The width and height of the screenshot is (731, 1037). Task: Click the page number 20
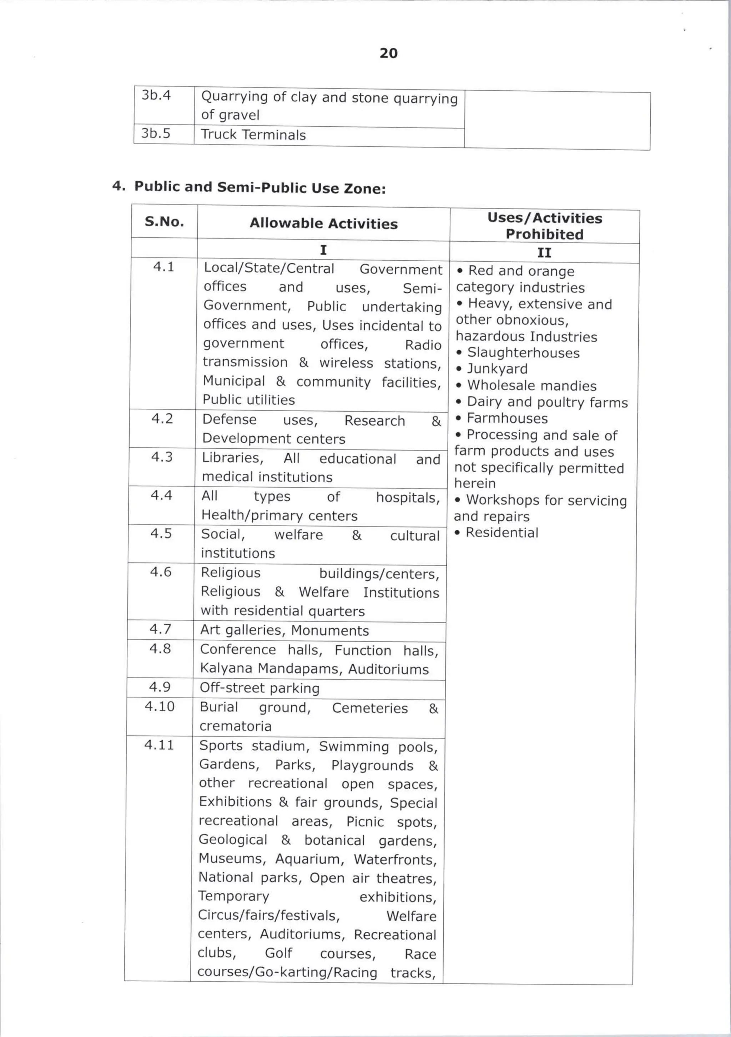pos(388,53)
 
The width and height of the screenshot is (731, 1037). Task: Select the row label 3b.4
pos(156,95)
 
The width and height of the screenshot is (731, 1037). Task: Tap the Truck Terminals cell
pos(253,135)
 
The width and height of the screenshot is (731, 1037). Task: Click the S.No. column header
pos(164,222)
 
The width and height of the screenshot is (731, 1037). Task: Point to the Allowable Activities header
pos(323,223)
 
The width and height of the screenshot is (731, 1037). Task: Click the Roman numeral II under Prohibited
pos(544,252)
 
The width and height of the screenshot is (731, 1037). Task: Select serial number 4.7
pos(160,629)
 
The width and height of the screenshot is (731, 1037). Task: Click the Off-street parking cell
pos(259,688)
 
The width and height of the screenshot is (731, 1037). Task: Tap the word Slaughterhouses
pos(523,353)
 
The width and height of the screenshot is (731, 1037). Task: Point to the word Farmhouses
pos(507,418)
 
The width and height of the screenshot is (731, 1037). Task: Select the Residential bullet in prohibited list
pos(501,533)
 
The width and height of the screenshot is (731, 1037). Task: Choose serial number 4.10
pos(160,706)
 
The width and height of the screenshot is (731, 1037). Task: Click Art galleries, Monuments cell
pos(284,630)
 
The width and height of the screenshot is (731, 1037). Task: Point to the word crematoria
pos(235,726)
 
